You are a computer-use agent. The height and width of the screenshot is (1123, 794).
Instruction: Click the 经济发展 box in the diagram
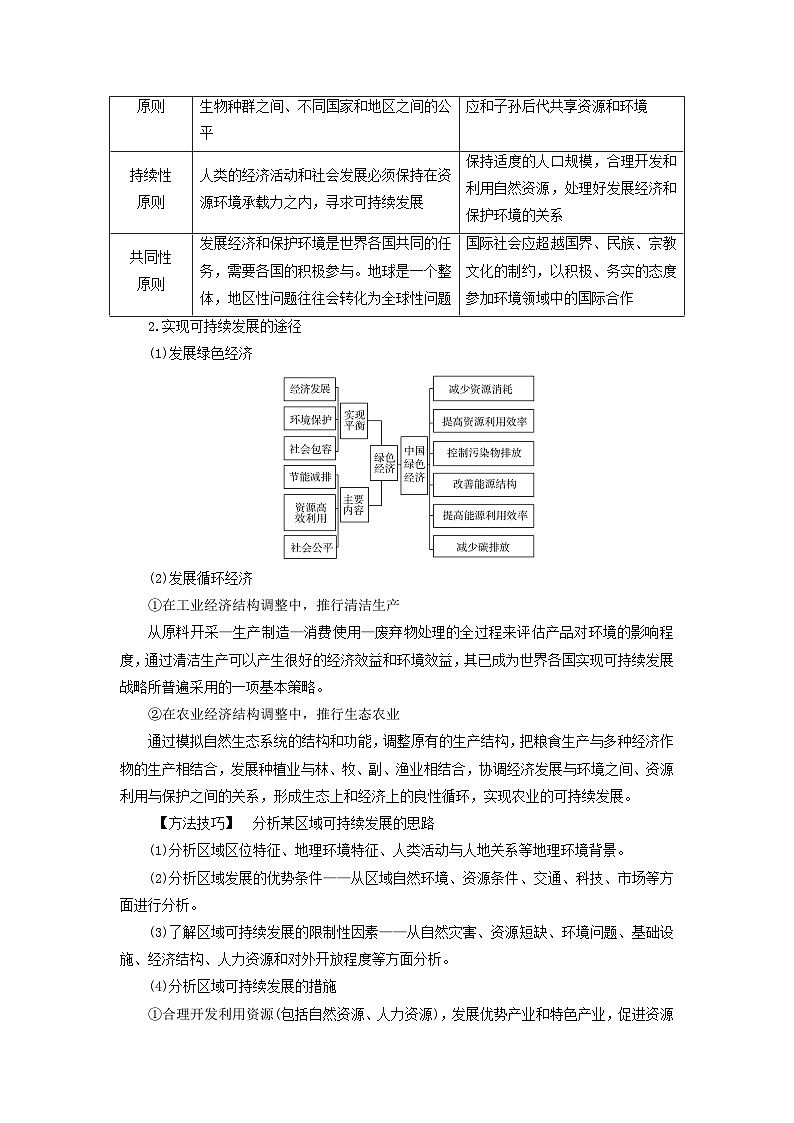311,388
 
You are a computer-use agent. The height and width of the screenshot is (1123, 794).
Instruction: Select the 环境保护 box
311,419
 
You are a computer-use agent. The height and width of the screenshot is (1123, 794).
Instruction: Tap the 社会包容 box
311,449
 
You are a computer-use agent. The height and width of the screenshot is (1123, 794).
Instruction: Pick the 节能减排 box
311,478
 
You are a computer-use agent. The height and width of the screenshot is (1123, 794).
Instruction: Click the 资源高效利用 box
311,513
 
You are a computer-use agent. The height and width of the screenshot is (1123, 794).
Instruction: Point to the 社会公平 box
311,547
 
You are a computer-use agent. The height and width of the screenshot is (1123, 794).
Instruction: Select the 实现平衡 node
354,419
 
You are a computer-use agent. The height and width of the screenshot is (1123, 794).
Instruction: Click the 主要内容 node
354,505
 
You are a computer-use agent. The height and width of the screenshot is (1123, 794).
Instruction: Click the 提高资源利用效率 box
482,421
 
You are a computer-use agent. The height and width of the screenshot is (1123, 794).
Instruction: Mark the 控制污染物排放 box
482,452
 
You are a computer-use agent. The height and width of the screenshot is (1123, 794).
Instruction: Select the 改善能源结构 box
482,484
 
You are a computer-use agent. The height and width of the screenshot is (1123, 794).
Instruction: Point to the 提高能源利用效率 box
482,515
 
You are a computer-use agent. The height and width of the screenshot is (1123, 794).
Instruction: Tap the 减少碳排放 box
482,546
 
